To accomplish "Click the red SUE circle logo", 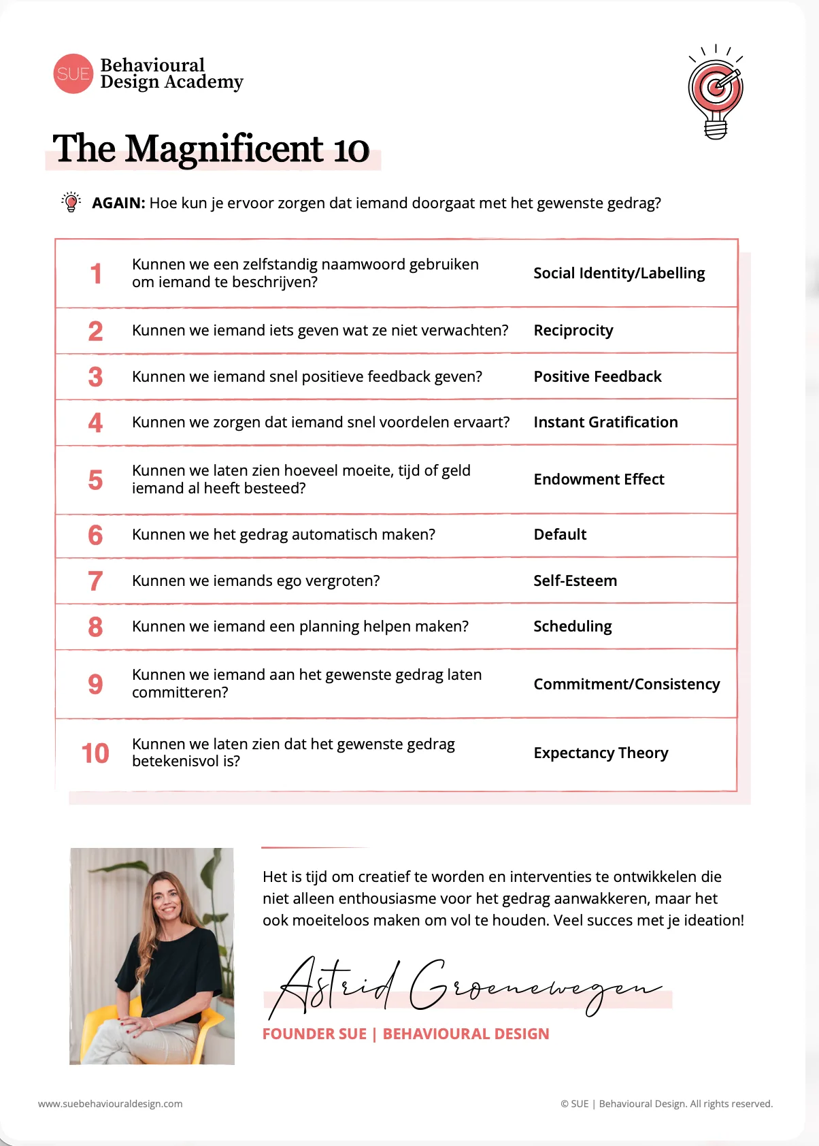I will [x=73, y=73].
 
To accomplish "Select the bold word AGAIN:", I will [x=118, y=203].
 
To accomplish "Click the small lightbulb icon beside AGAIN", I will [x=71, y=202].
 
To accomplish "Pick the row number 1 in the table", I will [x=96, y=274].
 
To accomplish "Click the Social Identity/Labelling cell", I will [x=619, y=273].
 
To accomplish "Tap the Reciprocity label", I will [x=573, y=330].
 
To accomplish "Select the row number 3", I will [x=95, y=377].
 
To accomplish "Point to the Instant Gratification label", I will [x=605, y=422].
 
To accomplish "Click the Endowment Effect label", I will [x=599, y=479].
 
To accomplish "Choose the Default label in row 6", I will [x=560, y=534].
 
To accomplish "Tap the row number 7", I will [x=95, y=581].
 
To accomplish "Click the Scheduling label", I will [x=573, y=626].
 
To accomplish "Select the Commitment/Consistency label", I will [x=626, y=684].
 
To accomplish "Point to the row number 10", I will [x=95, y=753].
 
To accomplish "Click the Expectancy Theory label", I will [x=601, y=753].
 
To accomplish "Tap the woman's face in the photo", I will [x=166, y=900].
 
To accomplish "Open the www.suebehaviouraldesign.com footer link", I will [x=110, y=1104].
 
